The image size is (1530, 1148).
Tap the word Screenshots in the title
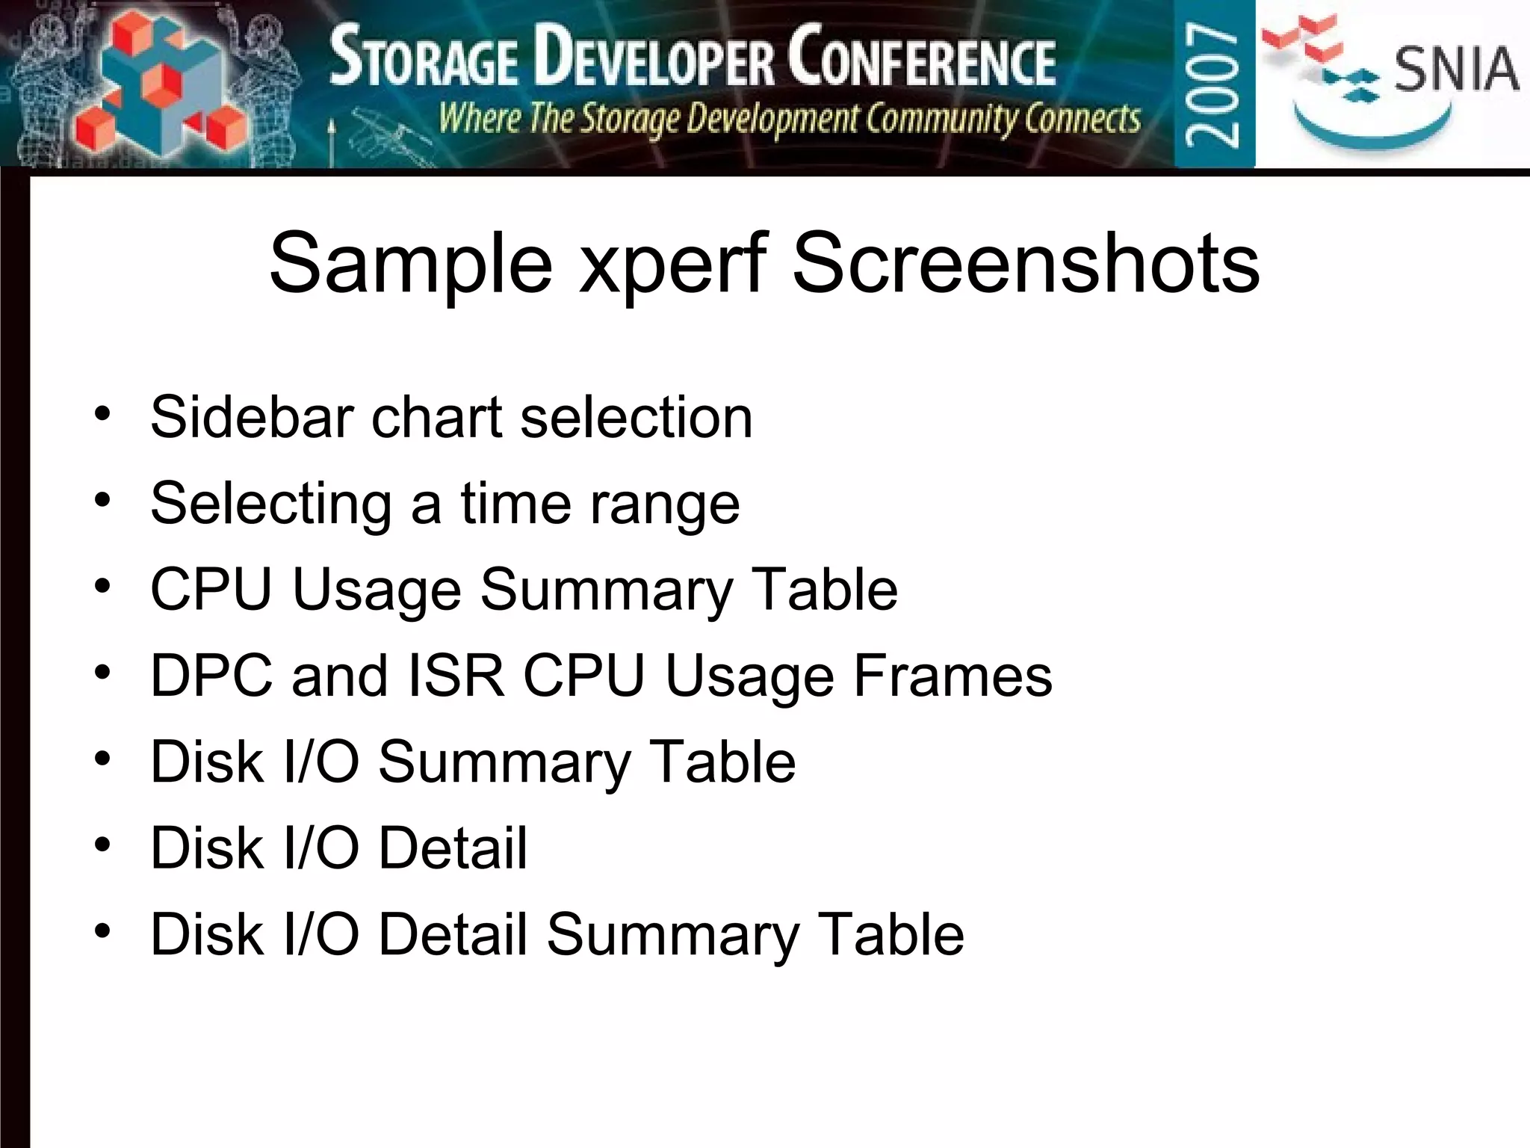click(1026, 263)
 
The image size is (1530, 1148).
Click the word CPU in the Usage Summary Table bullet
click(211, 590)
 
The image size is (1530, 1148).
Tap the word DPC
click(211, 676)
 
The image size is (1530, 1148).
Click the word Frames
click(953, 676)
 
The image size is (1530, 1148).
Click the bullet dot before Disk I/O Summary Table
click(102, 759)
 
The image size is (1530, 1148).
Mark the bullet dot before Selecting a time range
click(102, 501)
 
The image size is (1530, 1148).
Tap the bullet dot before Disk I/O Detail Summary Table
click(102, 932)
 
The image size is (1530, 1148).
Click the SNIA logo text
click(1455, 69)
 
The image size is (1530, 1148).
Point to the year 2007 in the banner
click(1213, 84)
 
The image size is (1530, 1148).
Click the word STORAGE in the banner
click(424, 60)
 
